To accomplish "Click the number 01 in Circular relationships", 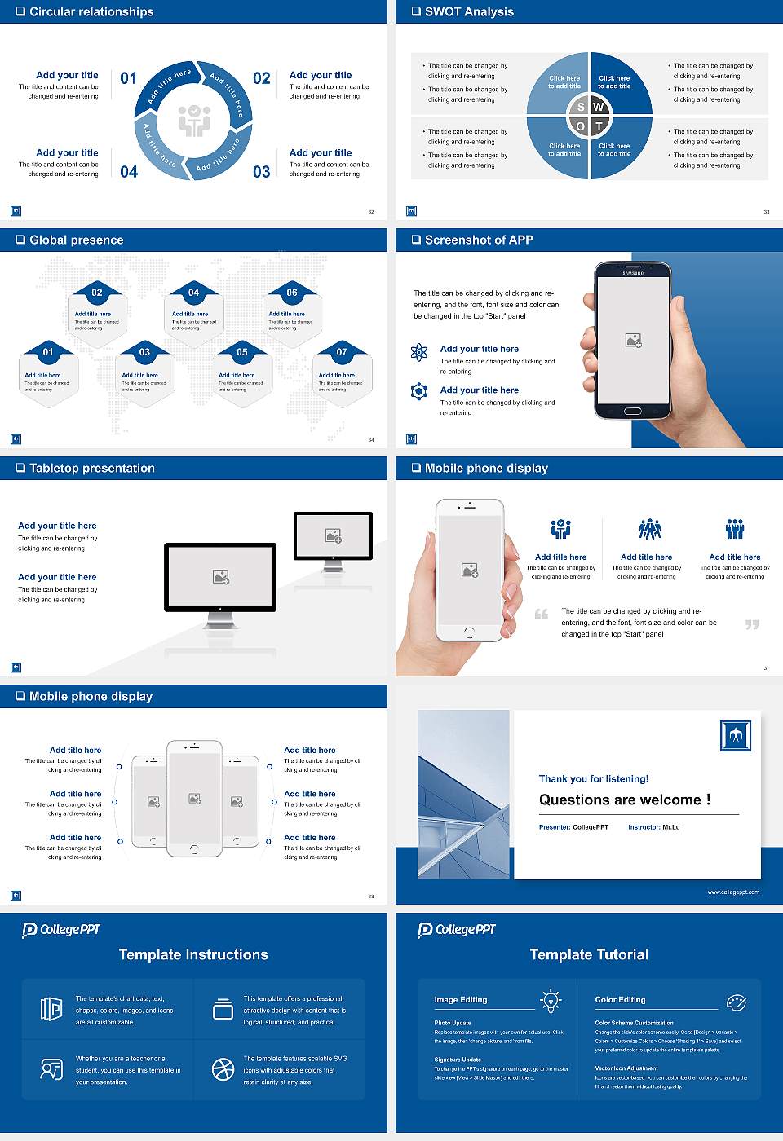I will click(129, 78).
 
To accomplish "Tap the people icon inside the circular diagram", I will click(194, 121).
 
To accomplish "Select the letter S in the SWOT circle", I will click(581, 107).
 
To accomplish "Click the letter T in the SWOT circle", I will click(599, 126).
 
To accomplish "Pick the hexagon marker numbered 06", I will click(292, 293).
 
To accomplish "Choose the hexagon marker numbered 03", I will click(144, 352).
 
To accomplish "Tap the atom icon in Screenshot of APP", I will click(419, 352).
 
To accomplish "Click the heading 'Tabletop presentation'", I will click(91, 468).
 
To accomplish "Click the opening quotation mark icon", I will click(542, 614).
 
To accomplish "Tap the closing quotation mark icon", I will click(752, 624).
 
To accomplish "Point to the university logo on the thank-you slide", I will click(736, 735).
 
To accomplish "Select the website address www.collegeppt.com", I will click(732, 892).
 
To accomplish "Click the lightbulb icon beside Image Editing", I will click(551, 1000).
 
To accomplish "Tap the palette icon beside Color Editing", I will click(737, 1002).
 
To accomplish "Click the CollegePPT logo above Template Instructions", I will click(61, 930).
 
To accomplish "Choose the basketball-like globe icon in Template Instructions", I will click(223, 1069).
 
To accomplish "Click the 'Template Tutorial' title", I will click(589, 954).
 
